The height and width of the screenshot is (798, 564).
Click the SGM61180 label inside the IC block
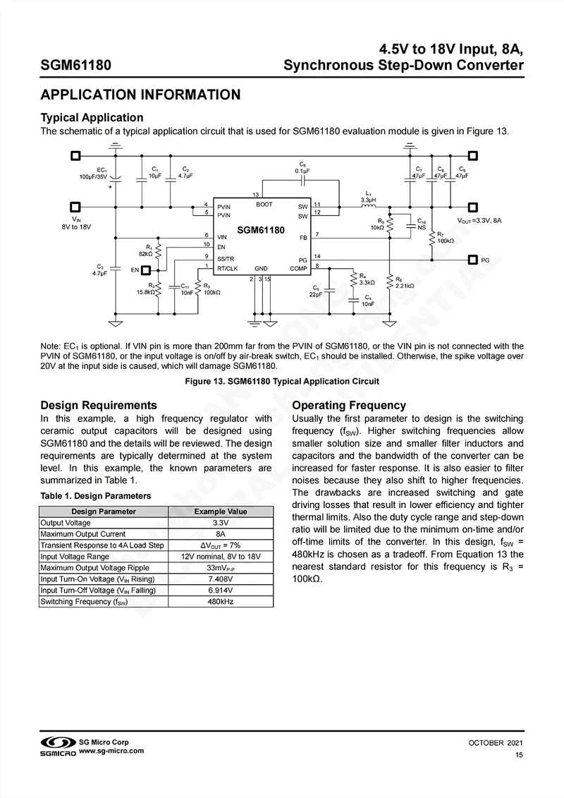click(260, 230)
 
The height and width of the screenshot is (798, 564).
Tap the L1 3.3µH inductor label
click(367, 196)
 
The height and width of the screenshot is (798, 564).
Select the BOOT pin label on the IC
click(264, 205)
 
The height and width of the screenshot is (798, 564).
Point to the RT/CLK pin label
click(227, 269)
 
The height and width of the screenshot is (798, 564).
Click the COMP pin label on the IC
click(298, 269)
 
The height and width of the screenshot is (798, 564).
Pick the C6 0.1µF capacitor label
click(302, 167)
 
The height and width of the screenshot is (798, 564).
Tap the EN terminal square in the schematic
click(146, 270)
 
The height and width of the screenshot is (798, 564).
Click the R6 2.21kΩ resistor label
click(404, 283)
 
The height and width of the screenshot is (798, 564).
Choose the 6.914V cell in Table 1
click(220, 590)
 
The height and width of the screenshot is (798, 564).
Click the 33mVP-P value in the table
click(220, 567)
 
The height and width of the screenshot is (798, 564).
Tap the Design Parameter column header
click(103, 511)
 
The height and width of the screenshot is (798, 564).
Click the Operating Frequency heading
click(349, 405)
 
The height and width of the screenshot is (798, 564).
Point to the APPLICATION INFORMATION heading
click(140, 95)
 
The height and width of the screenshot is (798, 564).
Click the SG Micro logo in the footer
click(57, 747)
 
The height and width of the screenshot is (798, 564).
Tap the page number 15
click(519, 756)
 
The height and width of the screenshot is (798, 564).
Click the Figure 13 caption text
click(281, 381)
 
